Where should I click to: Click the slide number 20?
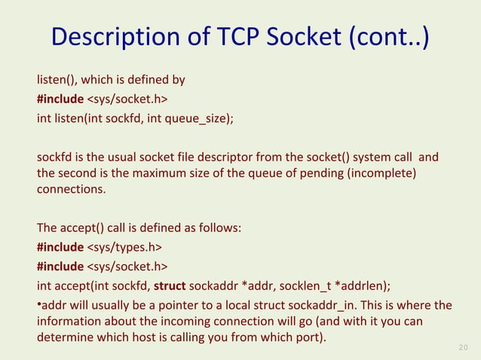click(x=464, y=347)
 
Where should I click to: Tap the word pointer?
click(x=172, y=305)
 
